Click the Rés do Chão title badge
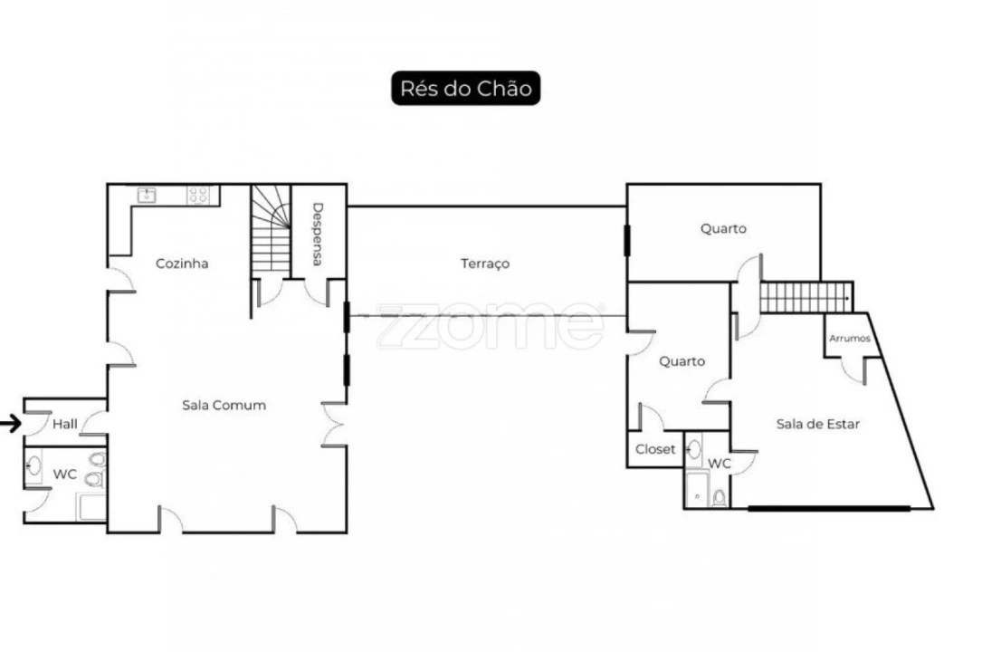(x=465, y=89)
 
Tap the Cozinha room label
(x=182, y=264)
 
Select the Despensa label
(x=318, y=234)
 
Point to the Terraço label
(x=485, y=264)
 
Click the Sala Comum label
(x=224, y=405)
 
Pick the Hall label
(x=64, y=424)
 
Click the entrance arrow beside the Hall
(x=11, y=424)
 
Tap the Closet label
(x=655, y=449)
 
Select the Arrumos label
(x=850, y=338)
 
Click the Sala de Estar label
(x=817, y=424)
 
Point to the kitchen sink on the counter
(x=147, y=195)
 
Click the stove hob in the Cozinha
(x=198, y=195)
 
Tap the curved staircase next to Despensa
(x=271, y=229)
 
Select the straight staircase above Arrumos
(x=806, y=298)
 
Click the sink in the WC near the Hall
(x=33, y=465)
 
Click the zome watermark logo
(x=491, y=325)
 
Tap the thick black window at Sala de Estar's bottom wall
(x=829, y=509)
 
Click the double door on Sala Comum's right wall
(x=334, y=424)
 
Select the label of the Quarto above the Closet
(x=682, y=361)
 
